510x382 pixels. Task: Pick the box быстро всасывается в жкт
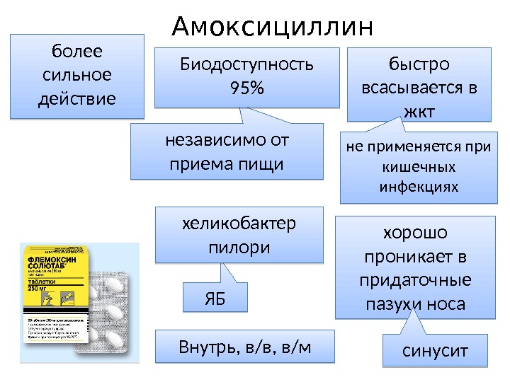tap(419, 85)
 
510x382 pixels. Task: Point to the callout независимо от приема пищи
tap(227, 151)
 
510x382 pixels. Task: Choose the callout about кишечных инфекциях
tap(420, 168)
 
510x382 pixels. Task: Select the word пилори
tap(239, 248)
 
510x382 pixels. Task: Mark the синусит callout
tap(435, 350)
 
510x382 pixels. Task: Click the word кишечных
tap(420, 168)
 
